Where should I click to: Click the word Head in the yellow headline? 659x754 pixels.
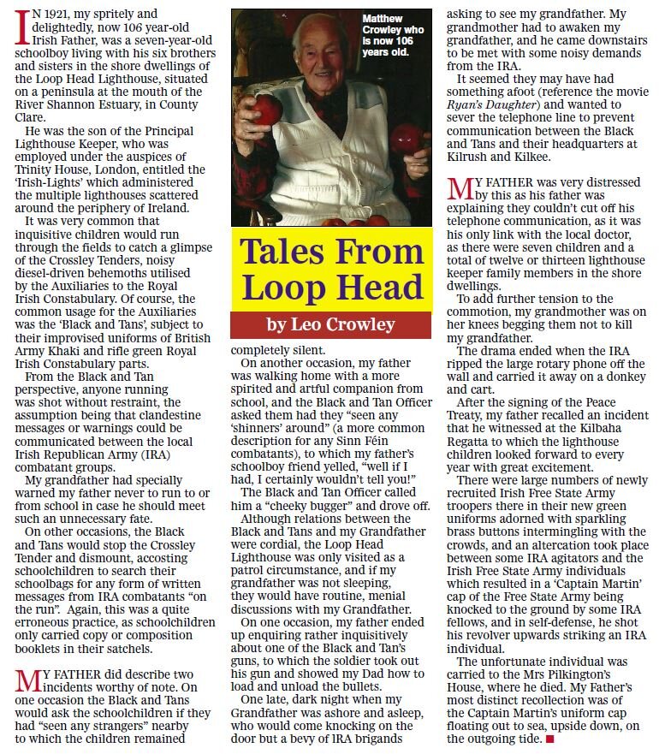coord(371,288)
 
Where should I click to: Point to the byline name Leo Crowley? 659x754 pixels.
coord(344,324)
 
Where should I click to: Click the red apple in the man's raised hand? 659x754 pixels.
coord(267,110)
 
